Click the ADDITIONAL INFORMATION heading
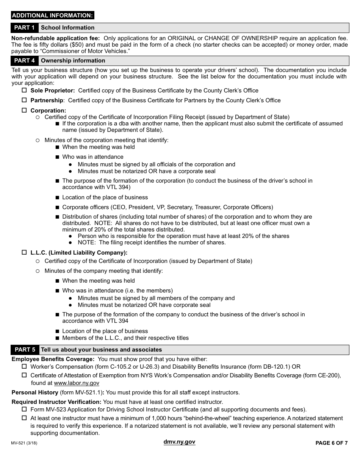(53, 16)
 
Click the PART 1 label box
(25, 28)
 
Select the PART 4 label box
(25, 61)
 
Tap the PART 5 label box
(25, 350)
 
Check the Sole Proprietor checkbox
(24, 91)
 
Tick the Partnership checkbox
(24, 100)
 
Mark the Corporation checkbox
(24, 110)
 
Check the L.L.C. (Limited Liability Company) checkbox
(24, 252)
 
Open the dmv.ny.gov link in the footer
(180, 442)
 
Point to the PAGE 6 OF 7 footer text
(331, 443)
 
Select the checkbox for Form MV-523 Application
(24, 409)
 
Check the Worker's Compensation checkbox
(24, 366)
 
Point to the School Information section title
(68, 28)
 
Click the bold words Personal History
(35, 393)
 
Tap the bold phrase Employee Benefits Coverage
(53, 359)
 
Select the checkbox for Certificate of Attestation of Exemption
(24, 375)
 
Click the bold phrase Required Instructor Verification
(56, 402)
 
